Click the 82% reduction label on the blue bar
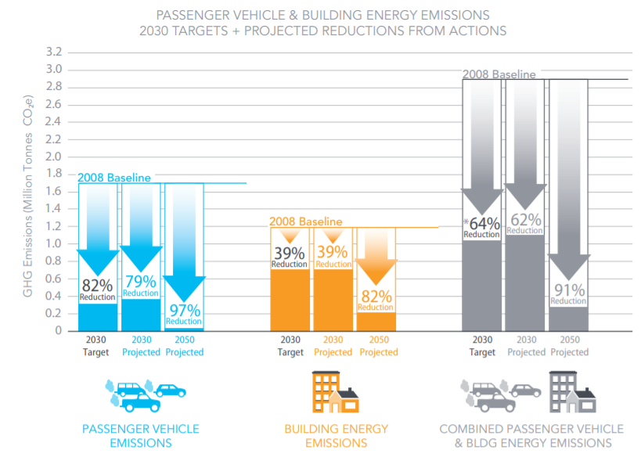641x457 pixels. pyautogui.click(x=97, y=289)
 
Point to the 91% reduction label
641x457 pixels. pyautogui.click(x=568, y=293)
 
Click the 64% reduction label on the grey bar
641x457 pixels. pyautogui.click(x=481, y=227)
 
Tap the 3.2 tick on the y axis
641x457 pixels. pyautogui.click(x=53, y=52)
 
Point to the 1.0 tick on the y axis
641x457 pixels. pyautogui.click(x=53, y=243)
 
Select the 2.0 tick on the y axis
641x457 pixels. pyautogui.click(x=53, y=157)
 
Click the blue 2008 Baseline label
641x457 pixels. pyautogui.click(x=113, y=178)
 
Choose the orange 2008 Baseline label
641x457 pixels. pyautogui.click(x=306, y=221)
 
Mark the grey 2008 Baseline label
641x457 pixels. pyautogui.click(x=499, y=74)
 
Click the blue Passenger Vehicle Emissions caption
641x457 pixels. pyautogui.click(x=141, y=436)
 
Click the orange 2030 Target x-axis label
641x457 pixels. pyautogui.click(x=290, y=346)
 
